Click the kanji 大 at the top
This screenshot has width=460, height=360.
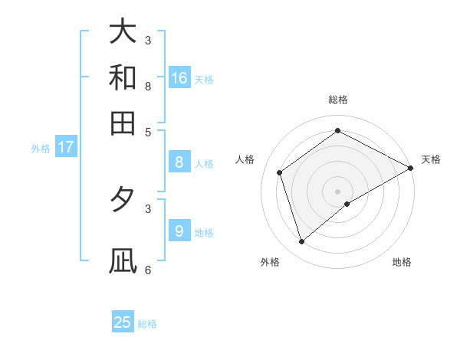point(123,31)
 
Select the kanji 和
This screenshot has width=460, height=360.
point(123,77)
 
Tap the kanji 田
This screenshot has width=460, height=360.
point(123,123)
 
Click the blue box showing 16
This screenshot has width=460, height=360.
point(179,78)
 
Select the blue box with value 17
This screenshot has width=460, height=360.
point(66,147)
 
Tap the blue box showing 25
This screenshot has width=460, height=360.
point(123,322)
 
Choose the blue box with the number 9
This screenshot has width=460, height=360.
point(179,231)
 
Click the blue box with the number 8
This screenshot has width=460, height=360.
point(179,162)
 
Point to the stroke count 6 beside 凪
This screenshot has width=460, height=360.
point(148,270)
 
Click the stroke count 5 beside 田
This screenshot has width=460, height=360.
point(148,132)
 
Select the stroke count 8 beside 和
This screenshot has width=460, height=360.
point(148,86)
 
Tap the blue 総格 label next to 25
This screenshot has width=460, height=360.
point(147,324)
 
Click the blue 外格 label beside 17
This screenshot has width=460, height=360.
point(41,149)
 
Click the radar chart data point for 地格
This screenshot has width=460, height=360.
point(347,204)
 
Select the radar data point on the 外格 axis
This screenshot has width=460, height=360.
point(301,242)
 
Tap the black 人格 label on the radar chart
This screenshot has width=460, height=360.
point(245,159)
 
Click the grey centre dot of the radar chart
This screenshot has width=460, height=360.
point(338,191)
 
